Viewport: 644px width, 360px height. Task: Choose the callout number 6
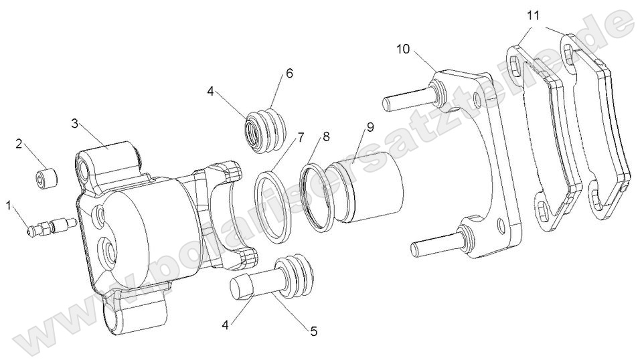289,73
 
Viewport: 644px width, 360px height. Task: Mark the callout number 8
326,137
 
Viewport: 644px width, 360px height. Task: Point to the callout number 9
370,126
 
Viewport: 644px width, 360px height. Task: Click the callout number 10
402,50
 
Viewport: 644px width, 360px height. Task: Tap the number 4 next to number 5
226,325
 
